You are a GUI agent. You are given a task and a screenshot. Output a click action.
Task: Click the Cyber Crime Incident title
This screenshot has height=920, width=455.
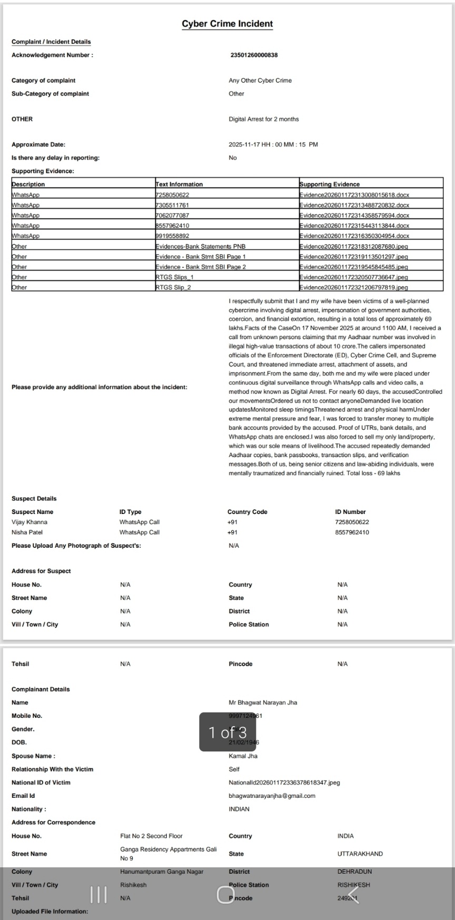227,24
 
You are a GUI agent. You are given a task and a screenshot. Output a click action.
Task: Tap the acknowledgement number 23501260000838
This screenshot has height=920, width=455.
254,55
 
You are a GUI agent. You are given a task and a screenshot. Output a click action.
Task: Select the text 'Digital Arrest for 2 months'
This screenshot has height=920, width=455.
263,119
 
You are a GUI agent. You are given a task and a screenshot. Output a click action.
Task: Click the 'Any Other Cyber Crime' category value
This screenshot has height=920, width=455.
260,81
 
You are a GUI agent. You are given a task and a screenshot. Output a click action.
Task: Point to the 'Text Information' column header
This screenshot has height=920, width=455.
179,184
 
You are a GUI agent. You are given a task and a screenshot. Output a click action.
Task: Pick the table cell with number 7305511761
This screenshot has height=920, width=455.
172,205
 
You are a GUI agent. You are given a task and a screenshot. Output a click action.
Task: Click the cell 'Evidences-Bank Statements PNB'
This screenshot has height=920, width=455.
201,246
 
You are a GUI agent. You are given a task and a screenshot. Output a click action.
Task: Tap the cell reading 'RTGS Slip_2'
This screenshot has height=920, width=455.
173,288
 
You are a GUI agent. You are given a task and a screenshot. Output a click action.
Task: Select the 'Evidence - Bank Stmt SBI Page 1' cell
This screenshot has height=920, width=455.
201,256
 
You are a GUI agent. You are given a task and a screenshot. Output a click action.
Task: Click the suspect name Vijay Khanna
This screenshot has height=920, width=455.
29,522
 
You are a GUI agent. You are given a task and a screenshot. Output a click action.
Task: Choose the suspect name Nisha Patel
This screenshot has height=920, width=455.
27,532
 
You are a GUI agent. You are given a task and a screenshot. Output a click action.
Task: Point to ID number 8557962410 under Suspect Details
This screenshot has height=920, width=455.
352,532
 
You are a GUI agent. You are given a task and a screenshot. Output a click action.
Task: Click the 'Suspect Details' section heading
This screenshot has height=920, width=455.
34,499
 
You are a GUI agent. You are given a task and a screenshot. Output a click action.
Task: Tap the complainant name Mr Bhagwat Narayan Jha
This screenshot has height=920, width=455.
263,703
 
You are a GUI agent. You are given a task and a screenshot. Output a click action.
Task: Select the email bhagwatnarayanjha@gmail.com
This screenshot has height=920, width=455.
272,796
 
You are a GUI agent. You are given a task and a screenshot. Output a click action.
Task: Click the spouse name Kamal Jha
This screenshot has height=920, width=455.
243,756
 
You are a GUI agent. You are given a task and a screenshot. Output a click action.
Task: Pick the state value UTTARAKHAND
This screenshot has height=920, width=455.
360,854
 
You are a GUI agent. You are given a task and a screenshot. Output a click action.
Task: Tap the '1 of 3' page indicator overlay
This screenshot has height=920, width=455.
227,732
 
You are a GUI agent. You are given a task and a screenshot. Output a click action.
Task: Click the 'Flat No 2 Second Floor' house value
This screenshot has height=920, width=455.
151,836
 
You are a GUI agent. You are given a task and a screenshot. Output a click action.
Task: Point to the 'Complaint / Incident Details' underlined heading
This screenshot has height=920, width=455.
51,42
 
